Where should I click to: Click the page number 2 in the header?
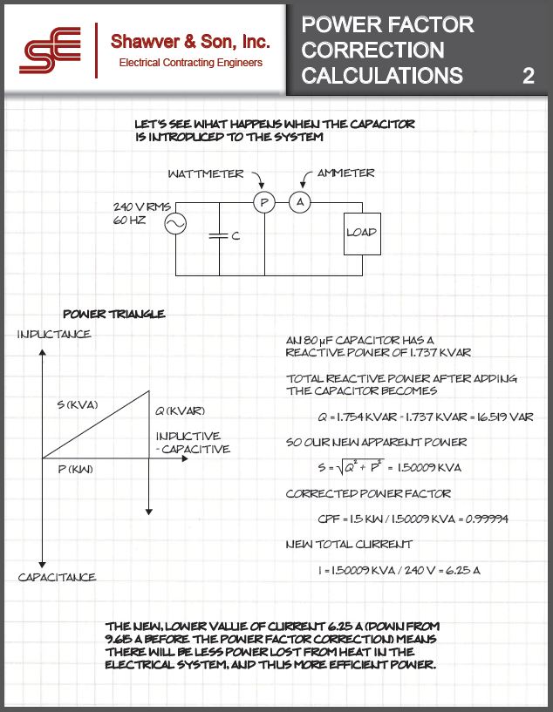coord(528,76)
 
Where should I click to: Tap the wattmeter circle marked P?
coord(263,202)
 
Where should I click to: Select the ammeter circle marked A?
coord(300,202)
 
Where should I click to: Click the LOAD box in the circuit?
coord(361,233)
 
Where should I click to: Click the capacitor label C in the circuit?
coord(236,236)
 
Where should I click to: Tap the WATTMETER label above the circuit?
coord(206,173)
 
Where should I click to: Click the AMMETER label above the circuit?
coord(346,173)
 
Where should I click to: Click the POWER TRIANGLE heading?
coord(114,314)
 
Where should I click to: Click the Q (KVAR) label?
coord(181,410)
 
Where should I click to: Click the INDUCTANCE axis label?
coord(53,335)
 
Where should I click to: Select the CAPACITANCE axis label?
coord(57,577)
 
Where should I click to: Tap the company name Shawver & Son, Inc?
coord(190,41)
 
